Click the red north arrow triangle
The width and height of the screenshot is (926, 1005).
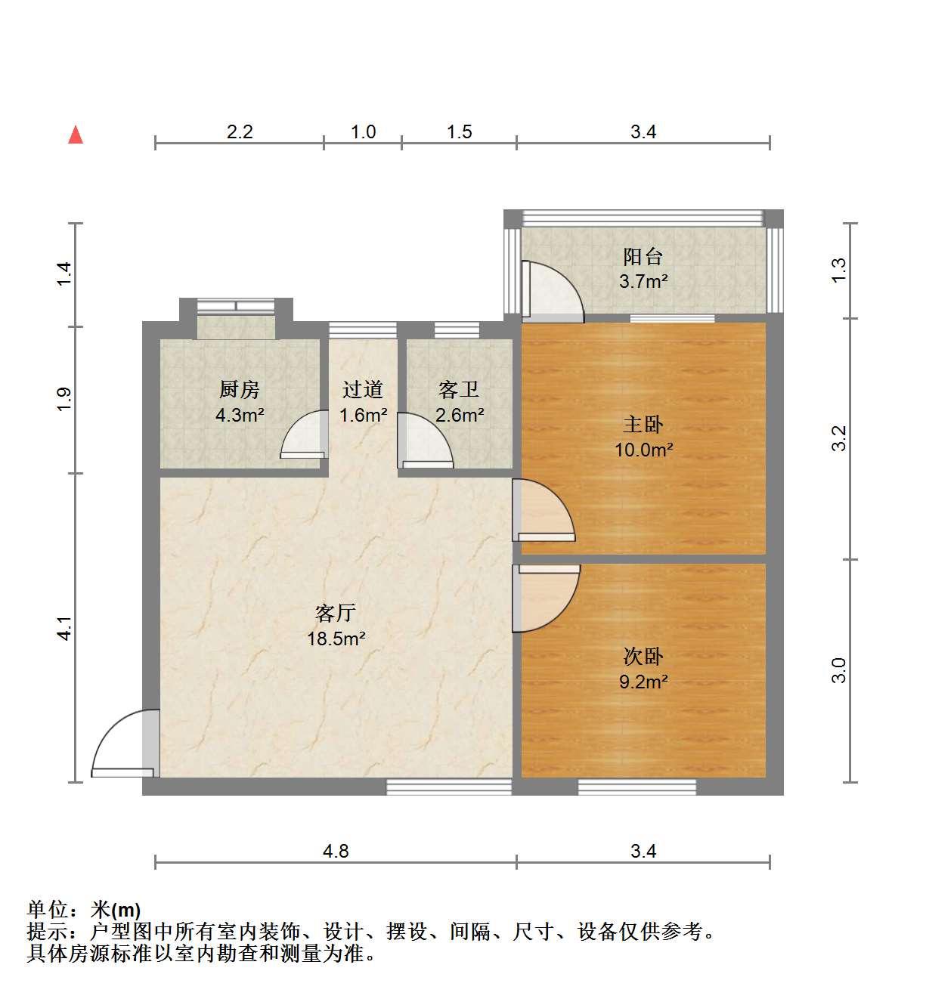(76, 135)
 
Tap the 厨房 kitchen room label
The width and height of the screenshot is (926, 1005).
(239, 390)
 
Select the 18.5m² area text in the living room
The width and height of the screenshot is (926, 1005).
(336, 639)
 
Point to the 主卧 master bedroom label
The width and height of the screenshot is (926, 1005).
(643, 425)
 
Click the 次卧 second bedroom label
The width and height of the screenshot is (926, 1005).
(643, 657)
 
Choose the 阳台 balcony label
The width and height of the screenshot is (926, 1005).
(643, 256)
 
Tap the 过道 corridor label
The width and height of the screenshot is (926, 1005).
(363, 390)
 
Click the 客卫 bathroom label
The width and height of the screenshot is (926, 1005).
(459, 390)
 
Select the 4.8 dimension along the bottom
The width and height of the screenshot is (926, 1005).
(336, 851)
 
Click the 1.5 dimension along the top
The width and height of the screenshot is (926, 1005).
(460, 131)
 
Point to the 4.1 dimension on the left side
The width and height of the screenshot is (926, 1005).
(65, 628)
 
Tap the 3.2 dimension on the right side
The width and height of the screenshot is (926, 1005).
(839, 438)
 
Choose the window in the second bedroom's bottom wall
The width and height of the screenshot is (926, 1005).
(636, 787)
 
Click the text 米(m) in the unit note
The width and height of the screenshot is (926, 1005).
(116, 909)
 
